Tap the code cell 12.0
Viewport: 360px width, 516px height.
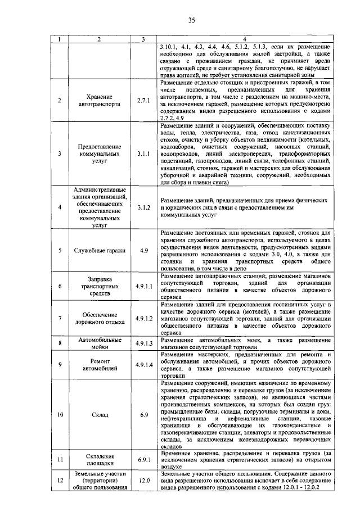click(145, 481)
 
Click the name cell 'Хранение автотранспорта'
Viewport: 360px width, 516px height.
click(99, 100)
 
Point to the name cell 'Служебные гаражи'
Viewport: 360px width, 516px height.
click(99, 251)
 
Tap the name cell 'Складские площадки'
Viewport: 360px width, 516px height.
click(99, 460)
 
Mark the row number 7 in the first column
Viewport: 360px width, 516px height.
click(60, 319)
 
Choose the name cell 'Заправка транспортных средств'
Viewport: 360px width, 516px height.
click(99, 286)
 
